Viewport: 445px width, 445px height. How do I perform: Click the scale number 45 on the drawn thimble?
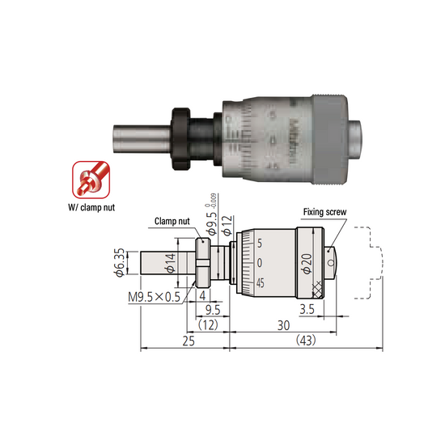click(x=260, y=284)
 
